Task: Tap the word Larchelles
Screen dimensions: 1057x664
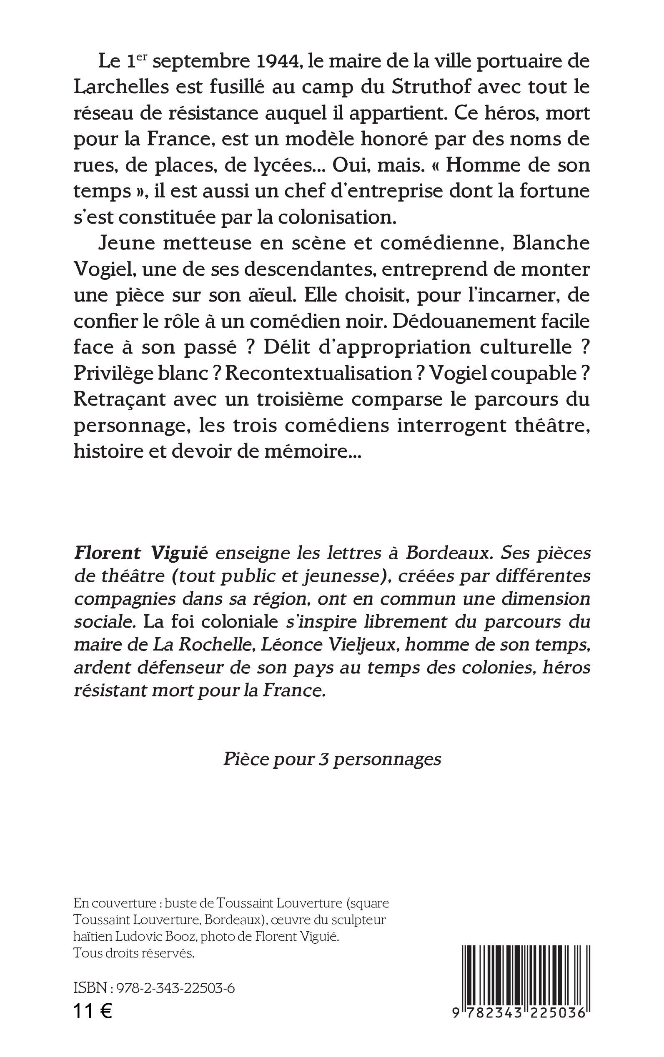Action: tap(121, 87)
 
